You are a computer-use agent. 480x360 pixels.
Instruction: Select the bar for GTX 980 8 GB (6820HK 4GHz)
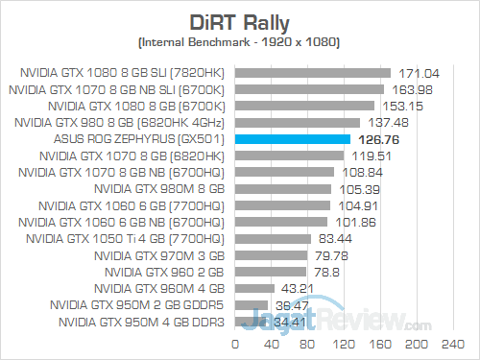point(297,123)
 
